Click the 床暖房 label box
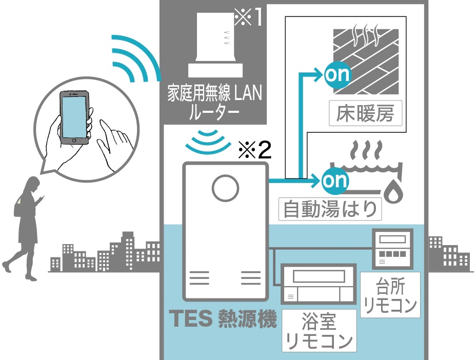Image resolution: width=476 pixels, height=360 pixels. click(x=366, y=113)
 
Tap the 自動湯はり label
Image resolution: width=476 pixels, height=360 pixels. click(x=330, y=209)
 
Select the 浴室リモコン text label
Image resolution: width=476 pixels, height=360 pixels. click(x=319, y=331)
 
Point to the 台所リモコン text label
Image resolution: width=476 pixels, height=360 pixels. click(x=390, y=295)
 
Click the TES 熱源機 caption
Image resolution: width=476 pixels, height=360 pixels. click(x=223, y=318)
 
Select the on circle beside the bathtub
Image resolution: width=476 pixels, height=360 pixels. click(x=334, y=181)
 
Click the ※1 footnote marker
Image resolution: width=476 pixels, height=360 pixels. click(x=248, y=17)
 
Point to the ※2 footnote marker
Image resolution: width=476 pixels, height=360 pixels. click(x=254, y=150)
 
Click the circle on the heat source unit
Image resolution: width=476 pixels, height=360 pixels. click(x=226, y=188)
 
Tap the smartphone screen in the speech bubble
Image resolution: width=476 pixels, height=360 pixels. click(x=74, y=117)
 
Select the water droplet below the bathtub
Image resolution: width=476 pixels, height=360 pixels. click(x=394, y=191)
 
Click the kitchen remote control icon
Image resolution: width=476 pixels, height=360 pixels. click(x=392, y=249)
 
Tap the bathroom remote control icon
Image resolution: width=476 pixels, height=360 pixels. click(x=319, y=284)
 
